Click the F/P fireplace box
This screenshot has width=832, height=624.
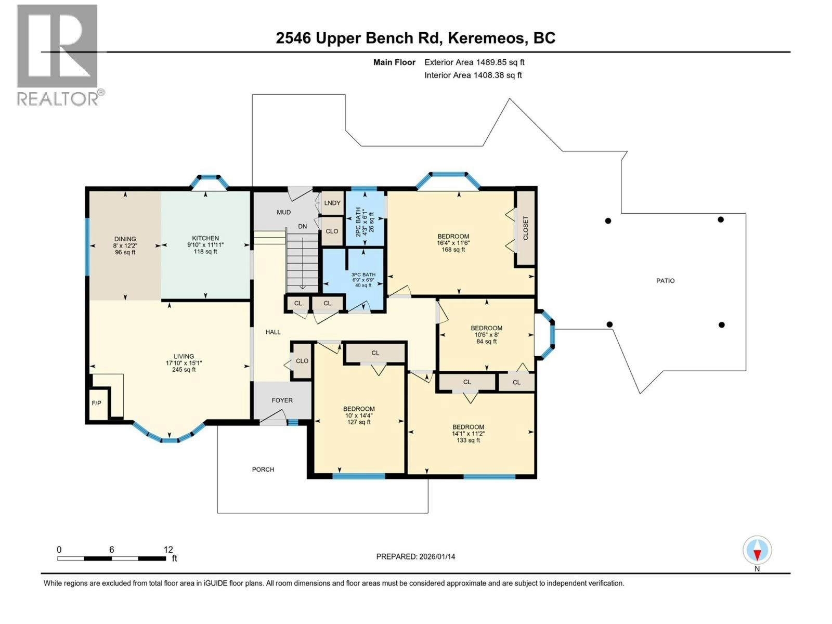[97, 403]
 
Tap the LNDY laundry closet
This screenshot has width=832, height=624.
[332, 203]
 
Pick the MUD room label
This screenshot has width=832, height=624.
[283, 212]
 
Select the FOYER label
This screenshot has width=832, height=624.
[282, 400]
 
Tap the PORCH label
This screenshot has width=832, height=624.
[263, 470]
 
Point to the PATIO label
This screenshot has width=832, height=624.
[666, 281]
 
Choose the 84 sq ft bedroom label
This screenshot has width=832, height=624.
[487, 334]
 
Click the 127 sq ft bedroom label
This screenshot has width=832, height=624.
[359, 415]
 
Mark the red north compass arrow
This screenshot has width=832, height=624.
[757, 555]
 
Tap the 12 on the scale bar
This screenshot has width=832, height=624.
[168, 549]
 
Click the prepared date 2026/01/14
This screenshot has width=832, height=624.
[437, 556]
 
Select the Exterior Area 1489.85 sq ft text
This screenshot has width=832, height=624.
[475, 62]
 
